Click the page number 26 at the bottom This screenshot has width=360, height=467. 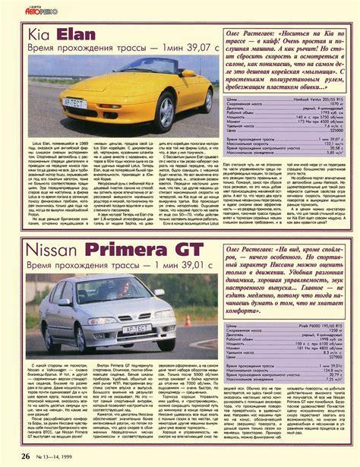coord(25,456)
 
